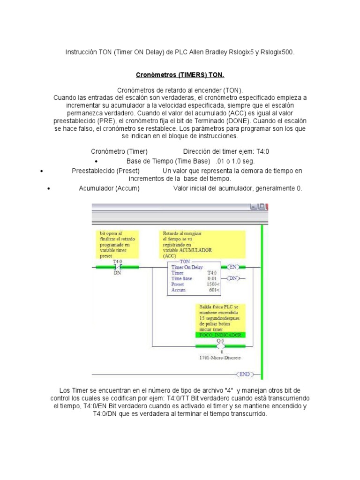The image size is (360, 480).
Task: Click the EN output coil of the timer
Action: coord(233,267)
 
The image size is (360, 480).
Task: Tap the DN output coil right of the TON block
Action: coord(233,278)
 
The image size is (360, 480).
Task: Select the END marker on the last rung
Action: coord(245,374)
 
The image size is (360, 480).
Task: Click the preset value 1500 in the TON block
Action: coord(211,284)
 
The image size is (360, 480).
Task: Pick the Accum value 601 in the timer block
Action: coord(213,290)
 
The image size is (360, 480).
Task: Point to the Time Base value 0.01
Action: coord(212,278)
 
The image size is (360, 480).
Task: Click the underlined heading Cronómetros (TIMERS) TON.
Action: coord(180,75)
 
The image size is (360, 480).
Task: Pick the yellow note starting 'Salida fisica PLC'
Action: coord(219,318)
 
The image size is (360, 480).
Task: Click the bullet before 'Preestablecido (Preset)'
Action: coord(42,171)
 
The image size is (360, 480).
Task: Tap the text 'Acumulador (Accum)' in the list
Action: coord(109,188)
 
